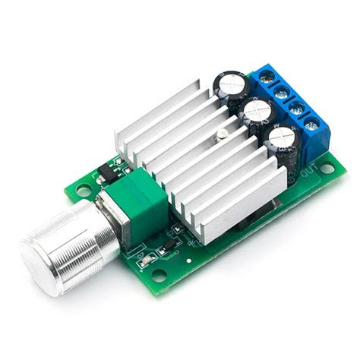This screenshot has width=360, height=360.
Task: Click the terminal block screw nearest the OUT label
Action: click(311, 125)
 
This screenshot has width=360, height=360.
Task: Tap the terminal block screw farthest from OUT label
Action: click(267, 76)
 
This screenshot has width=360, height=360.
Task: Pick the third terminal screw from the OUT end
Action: click(281, 92)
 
